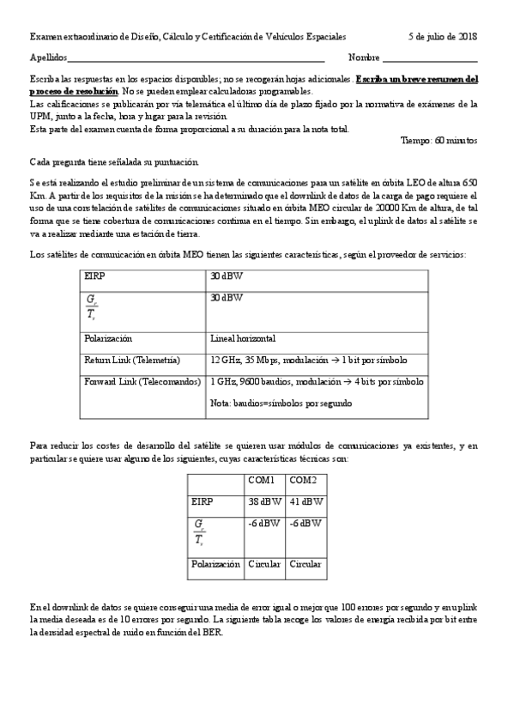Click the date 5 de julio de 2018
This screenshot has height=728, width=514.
pos(443,37)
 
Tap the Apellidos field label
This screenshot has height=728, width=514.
pos(48,58)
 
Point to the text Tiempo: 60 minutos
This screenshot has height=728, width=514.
pos(439,140)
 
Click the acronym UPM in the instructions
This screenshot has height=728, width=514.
pos(39,116)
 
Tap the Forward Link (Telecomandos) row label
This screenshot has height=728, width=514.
pos(142,381)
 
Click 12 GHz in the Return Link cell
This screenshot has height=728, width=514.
pos(227,360)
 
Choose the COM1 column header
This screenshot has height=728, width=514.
pos(262,481)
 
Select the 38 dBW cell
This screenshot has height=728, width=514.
pos(263,501)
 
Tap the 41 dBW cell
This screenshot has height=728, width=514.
pos(305,501)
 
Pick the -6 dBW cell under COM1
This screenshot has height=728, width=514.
pos(263,522)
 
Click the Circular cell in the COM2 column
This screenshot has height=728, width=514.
pos(305,564)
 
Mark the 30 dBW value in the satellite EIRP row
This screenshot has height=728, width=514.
pos(226,276)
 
